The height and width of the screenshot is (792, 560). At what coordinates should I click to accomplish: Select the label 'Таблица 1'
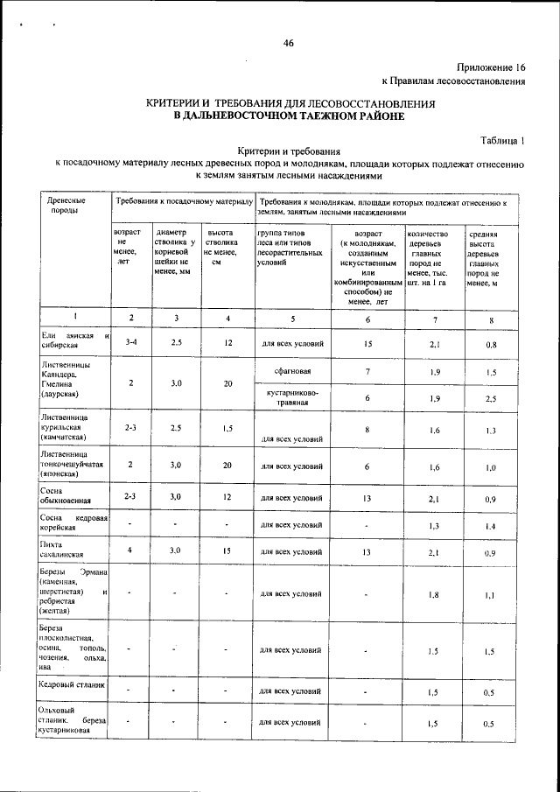[x=502, y=140]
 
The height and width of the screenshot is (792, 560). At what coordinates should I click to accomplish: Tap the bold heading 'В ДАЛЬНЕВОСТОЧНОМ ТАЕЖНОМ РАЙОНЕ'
[x=290, y=116]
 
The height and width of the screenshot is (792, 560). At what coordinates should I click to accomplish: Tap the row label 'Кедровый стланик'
[x=73, y=685]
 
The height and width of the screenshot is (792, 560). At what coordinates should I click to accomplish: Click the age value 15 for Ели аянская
[x=368, y=342]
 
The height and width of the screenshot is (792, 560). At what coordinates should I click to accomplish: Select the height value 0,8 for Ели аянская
[x=492, y=344]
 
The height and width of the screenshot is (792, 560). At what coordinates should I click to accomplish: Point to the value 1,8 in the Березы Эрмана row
[x=431, y=594]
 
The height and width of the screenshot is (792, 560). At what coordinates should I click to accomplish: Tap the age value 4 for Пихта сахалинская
[x=129, y=550]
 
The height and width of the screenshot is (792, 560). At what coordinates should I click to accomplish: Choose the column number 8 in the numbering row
[x=492, y=319]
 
